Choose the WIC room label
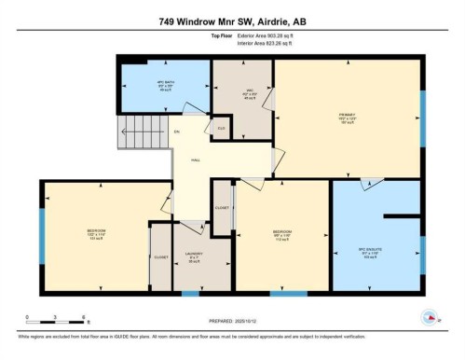pyautogui.click(x=242, y=94)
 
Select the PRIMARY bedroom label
pyautogui.click(x=348, y=118)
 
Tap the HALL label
pyautogui.click(x=197, y=159)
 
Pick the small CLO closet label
pyautogui.click(x=221, y=128)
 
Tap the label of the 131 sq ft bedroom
pyautogui.click(x=96, y=232)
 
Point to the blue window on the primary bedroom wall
pyautogui.click(x=421, y=117)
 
